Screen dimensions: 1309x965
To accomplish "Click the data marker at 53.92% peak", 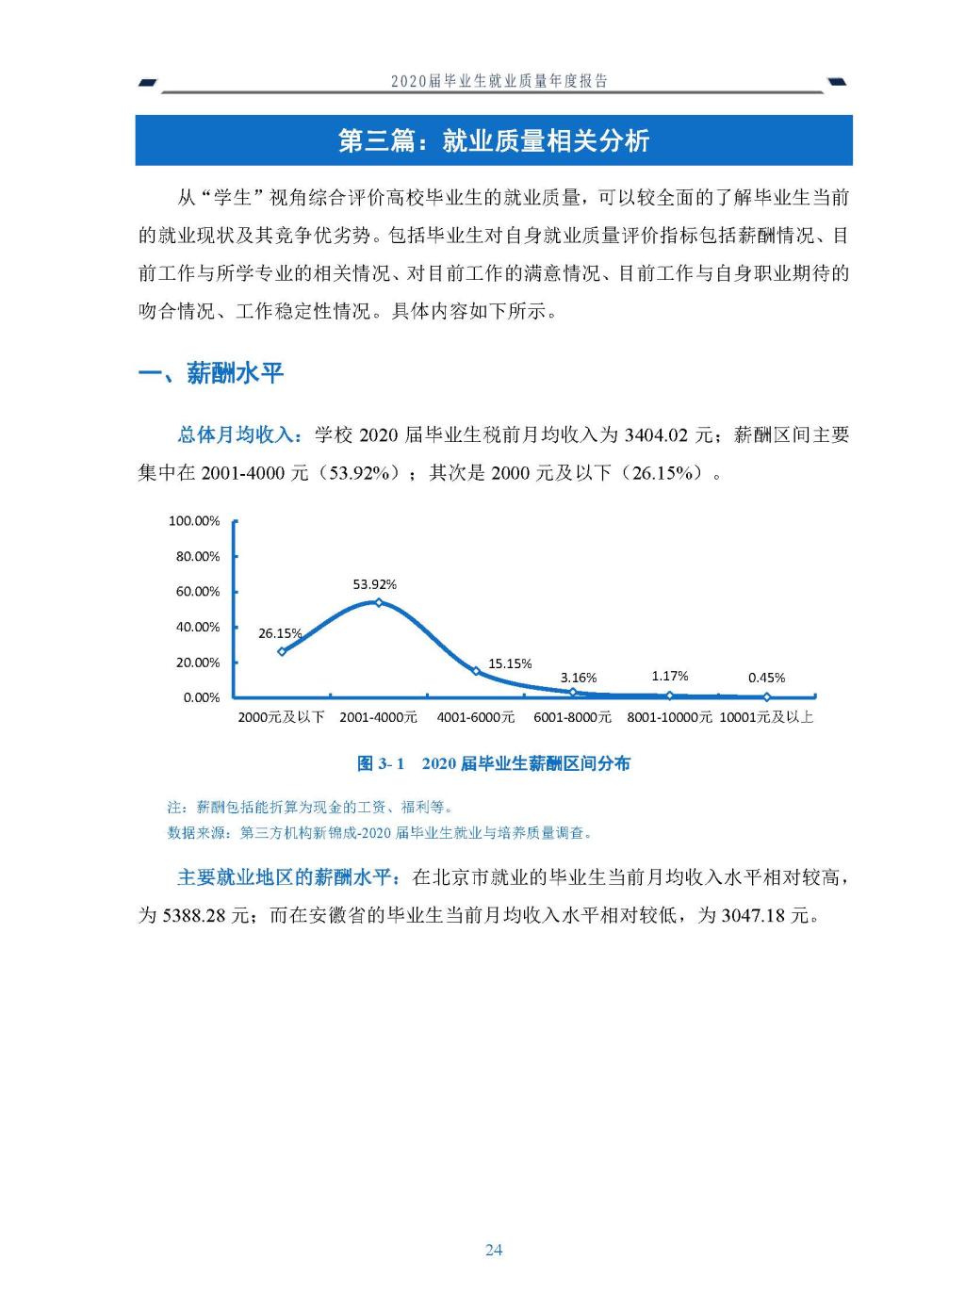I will click(379, 602).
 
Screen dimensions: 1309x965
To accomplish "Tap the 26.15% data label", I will click(280, 633).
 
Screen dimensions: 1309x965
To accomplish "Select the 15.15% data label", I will click(510, 663).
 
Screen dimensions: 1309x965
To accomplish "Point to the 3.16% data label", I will click(579, 678).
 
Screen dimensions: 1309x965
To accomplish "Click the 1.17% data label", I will click(670, 676).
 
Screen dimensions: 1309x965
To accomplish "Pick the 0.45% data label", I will click(766, 678).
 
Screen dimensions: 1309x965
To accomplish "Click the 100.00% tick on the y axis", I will click(194, 521).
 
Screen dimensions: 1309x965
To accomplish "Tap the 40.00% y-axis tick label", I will click(197, 627).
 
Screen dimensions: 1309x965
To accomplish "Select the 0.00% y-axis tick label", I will click(201, 697).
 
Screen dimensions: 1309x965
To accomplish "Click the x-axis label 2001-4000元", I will click(378, 717).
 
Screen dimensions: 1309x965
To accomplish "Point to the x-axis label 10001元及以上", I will click(766, 717).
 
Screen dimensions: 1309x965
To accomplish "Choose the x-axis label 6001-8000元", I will click(572, 717).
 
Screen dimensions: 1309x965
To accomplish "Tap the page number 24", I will click(494, 1250).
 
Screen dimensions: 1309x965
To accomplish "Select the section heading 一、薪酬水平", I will click(211, 373).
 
